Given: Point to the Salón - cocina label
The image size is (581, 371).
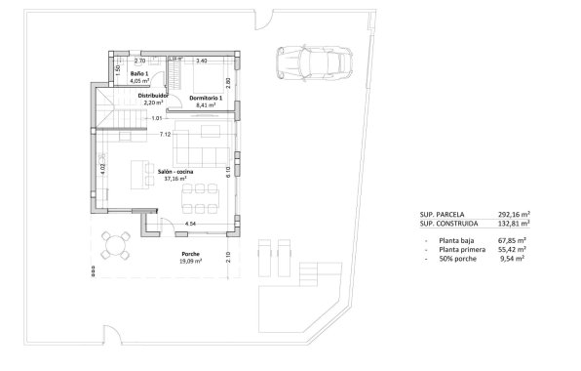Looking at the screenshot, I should point(175,172).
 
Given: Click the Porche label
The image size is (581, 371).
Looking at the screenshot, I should point(190,254).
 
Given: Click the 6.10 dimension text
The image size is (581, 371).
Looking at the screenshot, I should point(226,170).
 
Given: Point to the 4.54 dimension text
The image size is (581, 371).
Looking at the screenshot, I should point(191,226).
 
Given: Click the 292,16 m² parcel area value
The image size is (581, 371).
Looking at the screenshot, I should point(511,214).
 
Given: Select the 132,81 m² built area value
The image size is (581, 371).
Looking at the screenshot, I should point(511,224).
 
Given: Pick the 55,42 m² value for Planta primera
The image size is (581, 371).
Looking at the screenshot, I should point(513,250).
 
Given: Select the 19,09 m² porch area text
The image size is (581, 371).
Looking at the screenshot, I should point(190,261).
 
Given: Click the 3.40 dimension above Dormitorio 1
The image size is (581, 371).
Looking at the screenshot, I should point(201,62).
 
